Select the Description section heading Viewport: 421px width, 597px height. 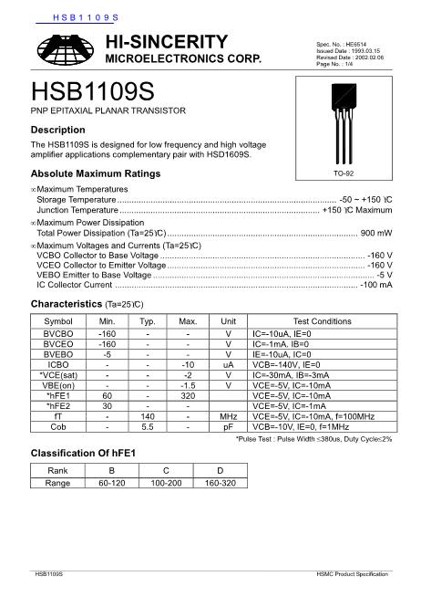tap(58, 130)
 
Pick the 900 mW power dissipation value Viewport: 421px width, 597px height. tap(376, 233)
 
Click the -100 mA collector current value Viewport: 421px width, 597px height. tap(375, 285)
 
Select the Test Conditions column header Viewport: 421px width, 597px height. tap(322, 321)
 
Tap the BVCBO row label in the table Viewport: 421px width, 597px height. tap(58, 334)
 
